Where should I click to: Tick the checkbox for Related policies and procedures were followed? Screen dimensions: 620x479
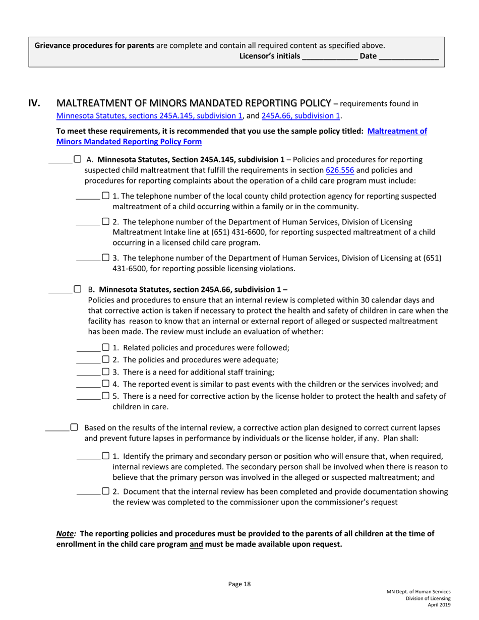coord(105,347)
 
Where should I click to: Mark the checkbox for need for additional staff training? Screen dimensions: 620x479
coord(105,373)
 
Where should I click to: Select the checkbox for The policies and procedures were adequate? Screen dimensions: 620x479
coord(105,360)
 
